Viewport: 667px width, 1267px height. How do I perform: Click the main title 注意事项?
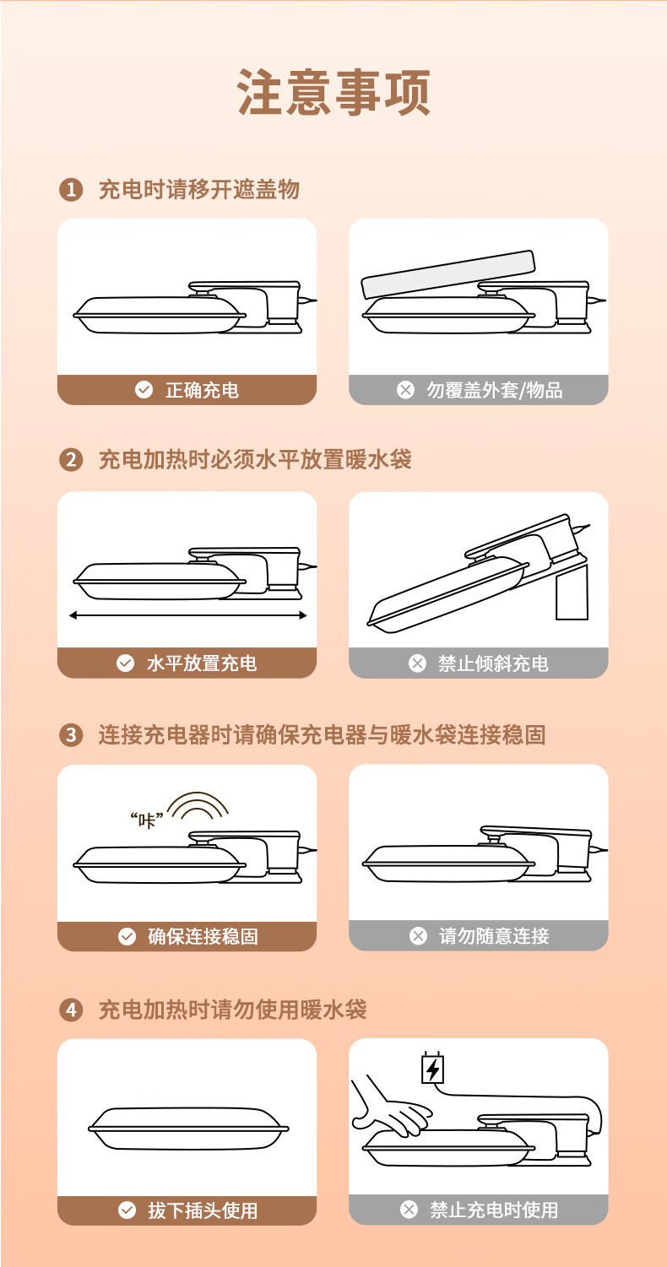click(333, 92)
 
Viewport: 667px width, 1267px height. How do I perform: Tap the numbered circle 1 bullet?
click(71, 189)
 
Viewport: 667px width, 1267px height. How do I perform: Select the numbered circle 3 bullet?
click(71, 734)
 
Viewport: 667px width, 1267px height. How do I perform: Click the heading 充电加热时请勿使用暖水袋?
click(232, 1010)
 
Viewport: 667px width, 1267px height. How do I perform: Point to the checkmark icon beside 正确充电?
click(144, 390)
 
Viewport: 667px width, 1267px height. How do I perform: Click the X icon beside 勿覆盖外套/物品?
click(405, 390)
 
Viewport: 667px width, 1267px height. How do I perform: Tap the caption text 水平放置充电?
click(202, 663)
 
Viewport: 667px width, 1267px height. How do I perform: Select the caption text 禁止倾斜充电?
click(493, 663)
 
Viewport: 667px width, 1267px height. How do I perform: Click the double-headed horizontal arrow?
click(187, 615)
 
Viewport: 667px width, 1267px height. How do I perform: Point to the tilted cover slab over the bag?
click(448, 273)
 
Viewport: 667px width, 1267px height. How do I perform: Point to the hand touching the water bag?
click(390, 1107)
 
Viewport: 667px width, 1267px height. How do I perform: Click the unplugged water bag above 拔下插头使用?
click(188, 1129)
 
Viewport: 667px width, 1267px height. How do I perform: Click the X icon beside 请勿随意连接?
click(418, 935)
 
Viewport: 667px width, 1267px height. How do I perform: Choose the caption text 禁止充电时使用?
click(494, 1210)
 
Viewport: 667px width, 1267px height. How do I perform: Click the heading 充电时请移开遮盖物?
click(199, 189)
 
